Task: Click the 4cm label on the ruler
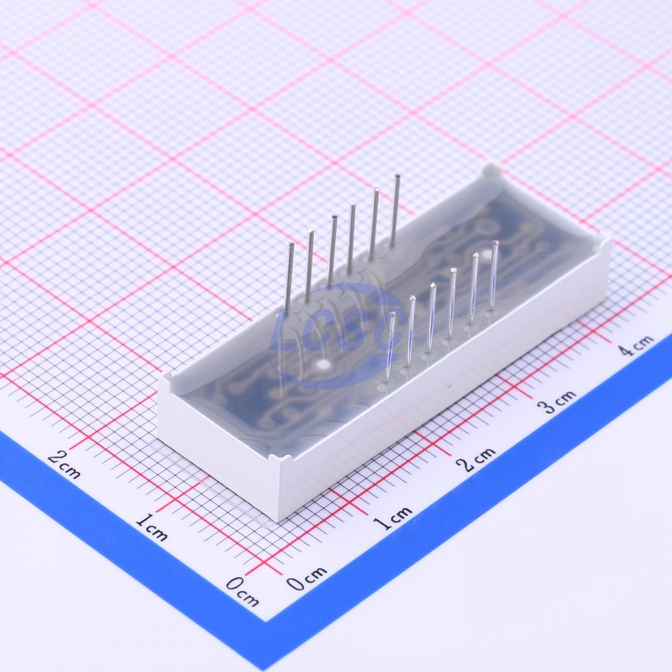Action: click(636, 345)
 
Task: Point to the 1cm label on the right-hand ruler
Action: click(393, 517)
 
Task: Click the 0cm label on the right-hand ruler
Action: click(307, 577)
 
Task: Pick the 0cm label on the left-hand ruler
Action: click(243, 591)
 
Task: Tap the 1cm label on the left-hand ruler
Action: click(152, 526)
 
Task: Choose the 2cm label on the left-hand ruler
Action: click(64, 464)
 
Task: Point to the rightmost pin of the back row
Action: click(395, 210)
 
